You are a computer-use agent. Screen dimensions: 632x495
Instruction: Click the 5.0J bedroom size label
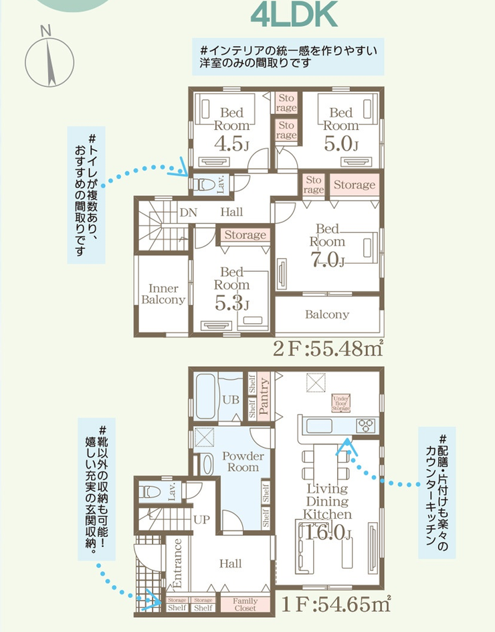pos(340,143)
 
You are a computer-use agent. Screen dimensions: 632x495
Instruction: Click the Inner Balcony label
pos(163,295)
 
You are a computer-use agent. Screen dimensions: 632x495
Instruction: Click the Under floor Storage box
pos(341,403)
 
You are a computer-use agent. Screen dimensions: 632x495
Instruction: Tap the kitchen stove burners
pos(367,424)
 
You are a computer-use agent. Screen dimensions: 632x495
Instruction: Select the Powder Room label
pos(243,461)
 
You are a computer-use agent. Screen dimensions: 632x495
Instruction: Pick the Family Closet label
pos(245,605)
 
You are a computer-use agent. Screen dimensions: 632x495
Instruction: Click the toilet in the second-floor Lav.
pos(203,183)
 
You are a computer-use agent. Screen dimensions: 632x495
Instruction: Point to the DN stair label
pos(188,212)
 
